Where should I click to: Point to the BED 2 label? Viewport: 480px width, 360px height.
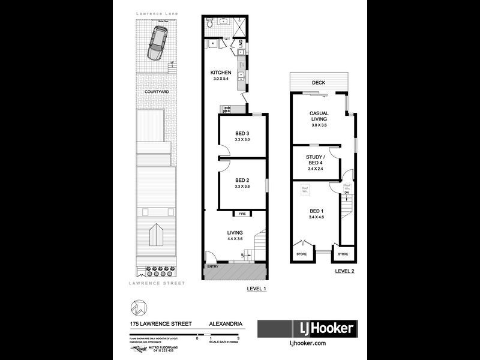242,179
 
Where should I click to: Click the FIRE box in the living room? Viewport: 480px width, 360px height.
242,213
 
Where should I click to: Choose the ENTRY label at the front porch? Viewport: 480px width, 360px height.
212,266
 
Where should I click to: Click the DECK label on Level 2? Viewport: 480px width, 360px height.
318,83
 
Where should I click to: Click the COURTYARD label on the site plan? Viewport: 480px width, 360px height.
156,92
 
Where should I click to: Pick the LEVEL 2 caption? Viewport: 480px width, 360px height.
345,272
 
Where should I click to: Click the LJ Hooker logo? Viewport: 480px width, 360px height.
307,329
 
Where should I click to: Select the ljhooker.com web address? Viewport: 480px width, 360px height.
307,343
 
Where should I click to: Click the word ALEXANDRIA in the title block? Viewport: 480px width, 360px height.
226,324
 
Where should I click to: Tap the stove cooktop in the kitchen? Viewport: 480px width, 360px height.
227,109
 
